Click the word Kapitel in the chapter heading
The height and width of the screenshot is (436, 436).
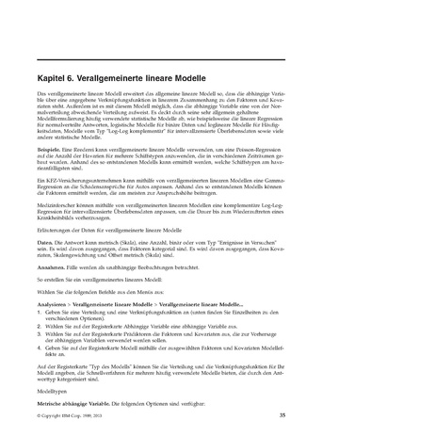pyautogui.click(x=52, y=79)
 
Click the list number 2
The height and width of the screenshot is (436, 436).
pyautogui.click(x=39, y=326)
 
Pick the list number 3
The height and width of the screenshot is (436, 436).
pyautogui.click(x=39, y=332)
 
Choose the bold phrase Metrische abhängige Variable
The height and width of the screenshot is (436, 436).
pyautogui.click(x=70, y=402)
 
